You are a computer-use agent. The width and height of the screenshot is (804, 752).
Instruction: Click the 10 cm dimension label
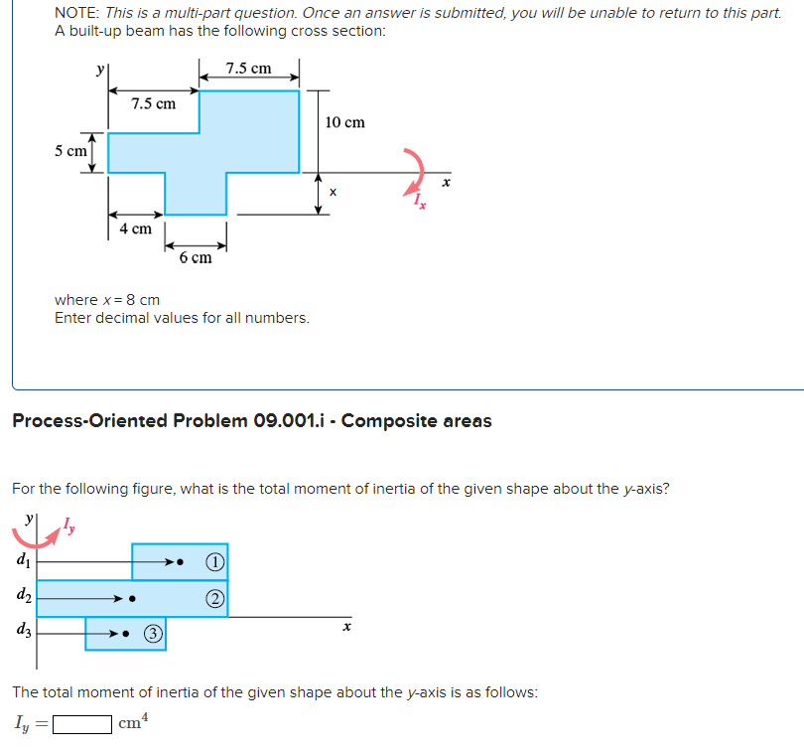[x=344, y=122]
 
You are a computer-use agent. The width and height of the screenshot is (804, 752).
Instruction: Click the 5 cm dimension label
[x=69, y=151]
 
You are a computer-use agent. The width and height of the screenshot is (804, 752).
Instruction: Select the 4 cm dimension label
[x=135, y=228]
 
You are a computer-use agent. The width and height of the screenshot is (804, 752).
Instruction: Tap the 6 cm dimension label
[x=196, y=258]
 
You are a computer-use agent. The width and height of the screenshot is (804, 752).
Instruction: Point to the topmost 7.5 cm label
[x=248, y=69]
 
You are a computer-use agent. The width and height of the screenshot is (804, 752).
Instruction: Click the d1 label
[x=22, y=562]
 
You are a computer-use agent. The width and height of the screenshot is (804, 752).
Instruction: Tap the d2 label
[x=22, y=597]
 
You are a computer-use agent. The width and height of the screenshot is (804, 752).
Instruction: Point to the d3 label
[x=22, y=631]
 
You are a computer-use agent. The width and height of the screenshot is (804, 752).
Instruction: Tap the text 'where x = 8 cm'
[x=107, y=300]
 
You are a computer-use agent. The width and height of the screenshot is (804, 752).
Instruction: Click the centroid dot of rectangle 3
[x=137, y=633]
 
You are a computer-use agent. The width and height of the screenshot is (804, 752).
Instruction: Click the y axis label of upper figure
[x=98, y=71]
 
